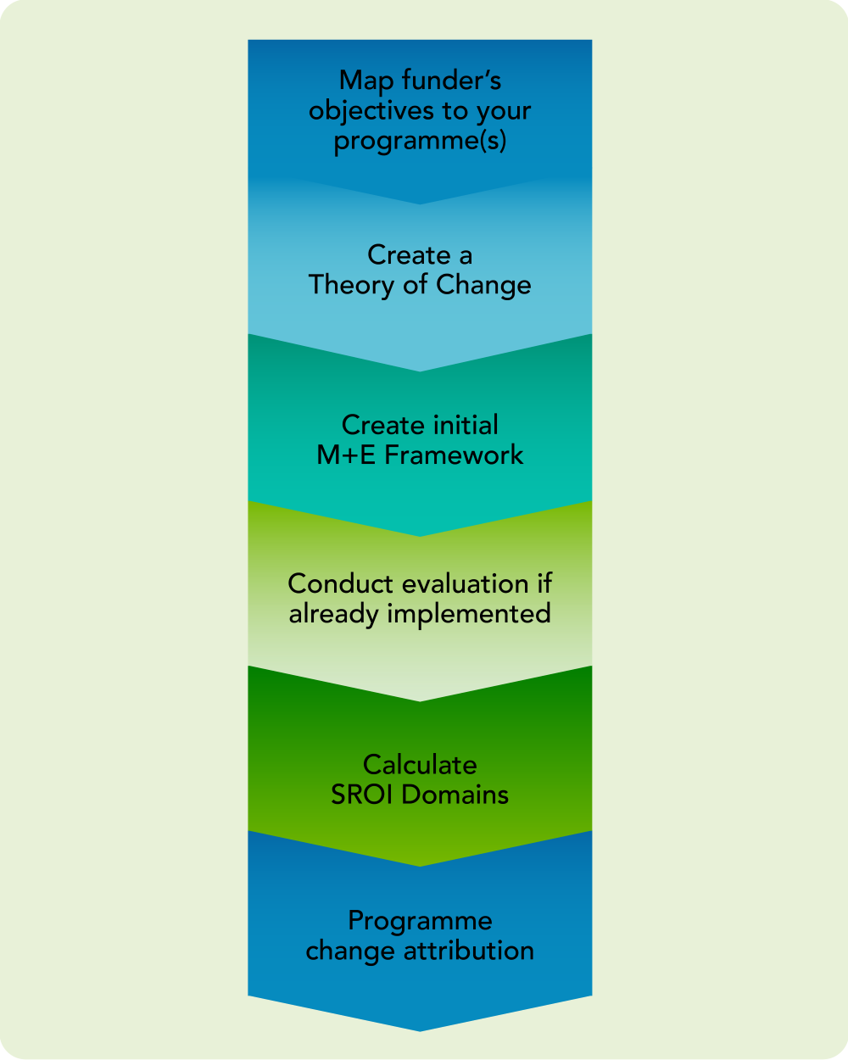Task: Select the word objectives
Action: pyautogui.click(x=364, y=111)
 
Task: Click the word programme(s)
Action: pyautogui.click(x=420, y=141)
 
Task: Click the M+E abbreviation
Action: pyautogui.click(x=347, y=455)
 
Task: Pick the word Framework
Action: pyautogui.click(x=454, y=455)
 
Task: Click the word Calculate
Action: pyautogui.click(x=420, y=765)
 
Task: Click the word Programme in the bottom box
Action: pyautogui.click(x=420, y=922)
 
